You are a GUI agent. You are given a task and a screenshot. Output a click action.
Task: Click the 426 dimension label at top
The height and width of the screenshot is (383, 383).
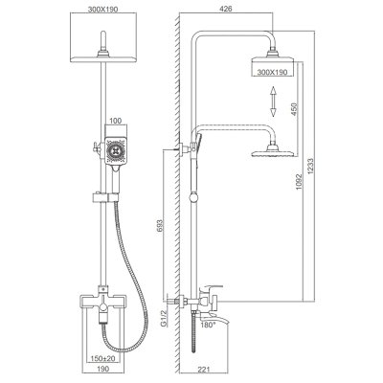pos(226,9)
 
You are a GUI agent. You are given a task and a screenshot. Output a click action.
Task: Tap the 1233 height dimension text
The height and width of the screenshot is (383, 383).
pos(311,167)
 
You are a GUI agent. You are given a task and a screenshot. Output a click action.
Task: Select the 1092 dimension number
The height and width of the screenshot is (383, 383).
pos(299,182)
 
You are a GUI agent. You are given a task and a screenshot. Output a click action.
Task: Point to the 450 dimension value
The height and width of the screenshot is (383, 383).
pos(294,109)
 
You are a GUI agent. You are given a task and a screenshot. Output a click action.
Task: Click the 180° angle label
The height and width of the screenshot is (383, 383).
pos(209,326)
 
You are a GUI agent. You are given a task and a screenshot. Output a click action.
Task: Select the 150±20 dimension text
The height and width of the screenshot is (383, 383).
pos(102,359)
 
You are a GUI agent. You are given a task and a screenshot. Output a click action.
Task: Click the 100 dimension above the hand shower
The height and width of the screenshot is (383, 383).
pos(116,121)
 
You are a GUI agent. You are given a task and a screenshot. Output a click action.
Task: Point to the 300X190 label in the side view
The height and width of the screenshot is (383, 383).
pos(272,73)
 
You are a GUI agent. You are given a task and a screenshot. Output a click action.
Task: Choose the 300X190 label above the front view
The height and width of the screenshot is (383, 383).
pos(103,10)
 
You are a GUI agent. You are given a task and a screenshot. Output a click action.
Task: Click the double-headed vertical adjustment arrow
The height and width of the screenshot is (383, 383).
pos(273,101)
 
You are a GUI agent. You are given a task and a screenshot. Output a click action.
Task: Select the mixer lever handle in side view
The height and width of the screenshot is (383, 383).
pos(211,289)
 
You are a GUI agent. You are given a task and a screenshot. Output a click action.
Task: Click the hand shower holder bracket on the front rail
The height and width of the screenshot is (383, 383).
pos(105,197)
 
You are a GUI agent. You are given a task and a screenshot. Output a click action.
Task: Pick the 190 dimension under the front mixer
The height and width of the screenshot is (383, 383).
pos(102,369)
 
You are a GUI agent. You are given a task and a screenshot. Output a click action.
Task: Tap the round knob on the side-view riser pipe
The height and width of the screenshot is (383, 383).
pos(193,198)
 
